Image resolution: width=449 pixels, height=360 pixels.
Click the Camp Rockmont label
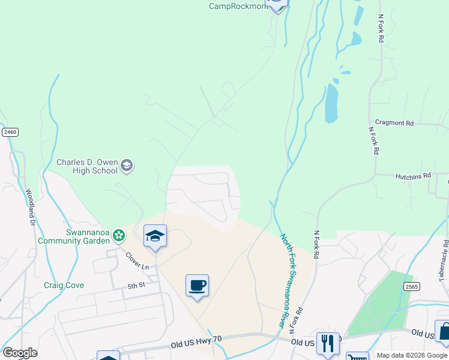[x=236, y=6]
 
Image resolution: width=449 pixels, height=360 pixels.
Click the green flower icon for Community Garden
[x=119, y=236]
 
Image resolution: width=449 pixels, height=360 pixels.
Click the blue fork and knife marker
[x=328, y=343]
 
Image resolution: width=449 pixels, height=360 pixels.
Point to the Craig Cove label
[x=64, y=286]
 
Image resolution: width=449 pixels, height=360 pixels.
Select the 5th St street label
[x=136, y=287]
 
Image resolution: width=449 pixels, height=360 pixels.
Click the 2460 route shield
[x=9, y=132]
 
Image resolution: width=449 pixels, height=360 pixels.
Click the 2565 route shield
[x=411, y=287]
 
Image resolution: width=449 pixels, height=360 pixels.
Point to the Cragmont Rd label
[x=394, y=122]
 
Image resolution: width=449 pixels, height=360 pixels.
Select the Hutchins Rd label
[x=413, y=176]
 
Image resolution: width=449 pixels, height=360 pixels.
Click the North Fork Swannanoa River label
[x=290, y=280]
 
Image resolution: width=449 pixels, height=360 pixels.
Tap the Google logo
[x=20, y=353]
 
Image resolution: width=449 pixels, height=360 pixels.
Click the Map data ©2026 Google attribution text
[x=412, y=355]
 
